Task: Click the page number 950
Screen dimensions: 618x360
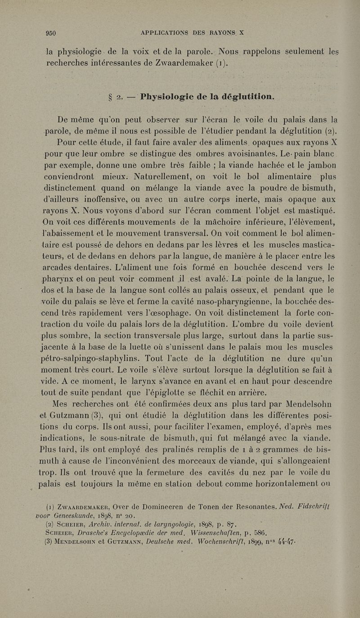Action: click(54, 32)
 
